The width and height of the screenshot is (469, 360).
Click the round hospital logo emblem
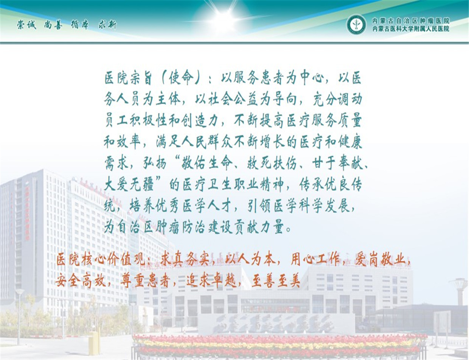(356, 25)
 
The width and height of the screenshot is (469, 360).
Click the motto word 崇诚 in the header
(26, 25)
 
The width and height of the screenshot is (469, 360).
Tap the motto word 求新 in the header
(107, 25)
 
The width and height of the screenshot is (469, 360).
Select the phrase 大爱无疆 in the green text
(129, 185)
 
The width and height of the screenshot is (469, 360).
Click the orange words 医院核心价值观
(100, 259)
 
